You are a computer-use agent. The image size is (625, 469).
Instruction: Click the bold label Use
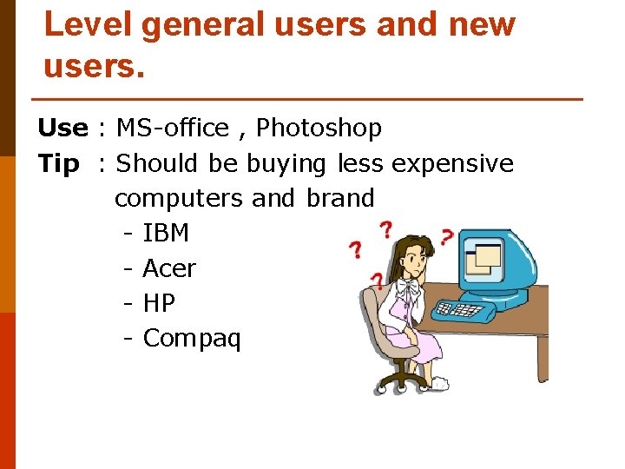pos(62,129)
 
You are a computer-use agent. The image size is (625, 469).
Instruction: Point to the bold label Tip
pos(59,163)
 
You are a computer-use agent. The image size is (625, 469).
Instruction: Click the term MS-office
pos(172,129)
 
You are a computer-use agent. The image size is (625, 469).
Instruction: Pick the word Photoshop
pos(319,129)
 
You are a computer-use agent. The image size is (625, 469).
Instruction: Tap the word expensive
pos(452,163)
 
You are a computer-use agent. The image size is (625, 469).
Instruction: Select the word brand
pos(340,198)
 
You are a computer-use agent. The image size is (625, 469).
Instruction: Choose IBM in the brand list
pos(165,234)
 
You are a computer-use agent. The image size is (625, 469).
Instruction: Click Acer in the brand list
pos(169,268)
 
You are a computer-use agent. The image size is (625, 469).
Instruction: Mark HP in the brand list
pos(159,303)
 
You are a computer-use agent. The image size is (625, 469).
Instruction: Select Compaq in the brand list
pos(191,338)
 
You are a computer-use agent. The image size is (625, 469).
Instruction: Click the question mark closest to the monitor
pos(446,236)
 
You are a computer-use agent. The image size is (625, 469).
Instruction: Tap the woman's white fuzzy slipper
pos(444,380)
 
